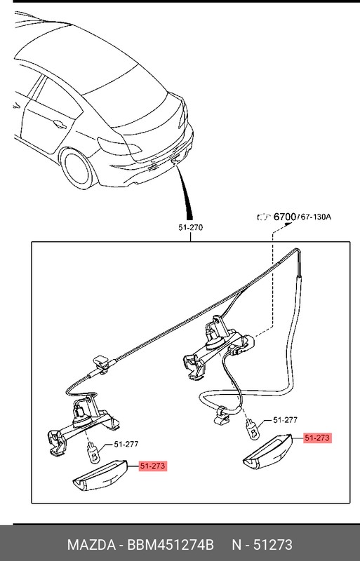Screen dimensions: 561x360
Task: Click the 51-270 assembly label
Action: point(190,228)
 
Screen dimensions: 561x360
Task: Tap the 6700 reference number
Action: point(285,217)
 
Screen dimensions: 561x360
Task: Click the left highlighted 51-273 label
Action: point(153,466)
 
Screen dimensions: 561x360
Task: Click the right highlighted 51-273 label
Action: point(316,438)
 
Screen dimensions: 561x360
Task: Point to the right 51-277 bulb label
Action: point(285,420)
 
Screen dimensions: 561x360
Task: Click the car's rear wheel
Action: point(79,167)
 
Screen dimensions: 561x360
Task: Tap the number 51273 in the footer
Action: point(274,545)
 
